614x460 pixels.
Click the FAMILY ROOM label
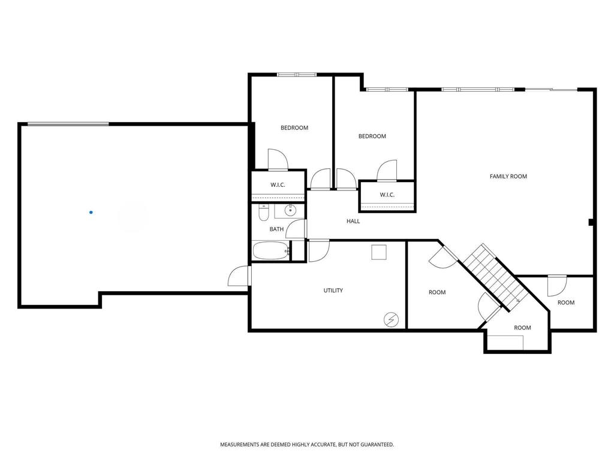pyautogui.click(x=508, y=176)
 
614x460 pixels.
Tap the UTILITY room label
pyautogui.click(x=333, y=290)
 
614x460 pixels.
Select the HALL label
pyautogui.click(x=353, y=222)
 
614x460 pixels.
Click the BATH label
pyautogui.click(x=276, y=229)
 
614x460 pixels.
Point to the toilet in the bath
pyautogui.click(x=263, y=213)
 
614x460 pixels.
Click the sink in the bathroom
pyautogui.click(x=290, y=210)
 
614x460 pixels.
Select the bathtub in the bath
pyautogui.click(x=271, y=251)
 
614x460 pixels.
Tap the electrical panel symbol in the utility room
pyautogui.click(x=390, y=320)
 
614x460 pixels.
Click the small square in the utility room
pyautogui.click(x=379, y=252)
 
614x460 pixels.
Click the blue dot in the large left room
pyautogui.click(x=91, y=212)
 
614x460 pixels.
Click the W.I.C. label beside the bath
pyautogui.click(x=278, y=185)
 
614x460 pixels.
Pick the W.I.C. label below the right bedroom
pyautogui.click(x=387, y=195)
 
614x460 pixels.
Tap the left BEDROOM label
pyautogui.click(x=294, y=128)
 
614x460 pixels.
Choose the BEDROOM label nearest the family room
pyautogui.click(x=372, y=136)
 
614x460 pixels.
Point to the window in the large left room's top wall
pyautogui.click(x=68, y=124)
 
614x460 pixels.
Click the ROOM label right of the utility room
pyautogui.click(x=437, y=292)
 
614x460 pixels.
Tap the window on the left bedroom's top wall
pyautogui.click(x=296, y=75)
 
